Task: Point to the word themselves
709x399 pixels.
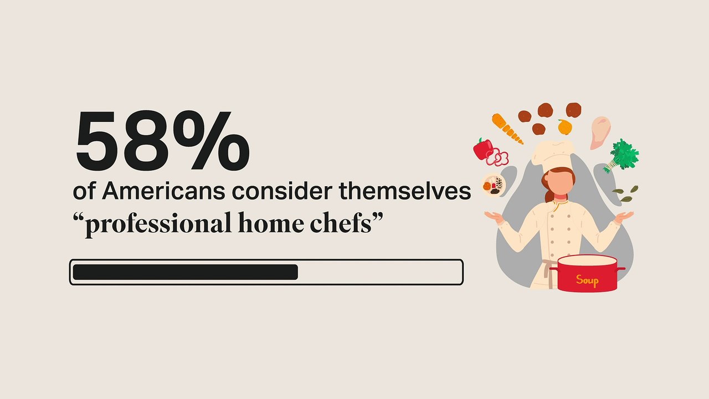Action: coord(405,192)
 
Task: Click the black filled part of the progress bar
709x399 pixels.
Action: coord(185,272)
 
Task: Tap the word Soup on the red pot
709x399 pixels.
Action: coord(587,280)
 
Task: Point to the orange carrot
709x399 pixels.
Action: coord(507,128)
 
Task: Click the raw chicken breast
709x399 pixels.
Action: coord(600,132)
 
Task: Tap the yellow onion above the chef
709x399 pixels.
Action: coord(564,127)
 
